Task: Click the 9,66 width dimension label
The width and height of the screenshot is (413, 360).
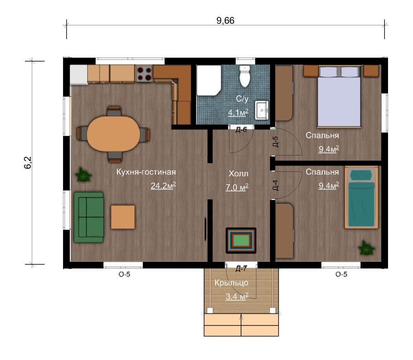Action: (225, 20)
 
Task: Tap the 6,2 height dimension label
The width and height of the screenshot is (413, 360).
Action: (28, 162)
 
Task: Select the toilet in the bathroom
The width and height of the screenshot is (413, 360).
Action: (245, 76)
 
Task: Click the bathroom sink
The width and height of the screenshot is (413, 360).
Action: (261, 110)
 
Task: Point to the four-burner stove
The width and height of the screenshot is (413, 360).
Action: (144, 74)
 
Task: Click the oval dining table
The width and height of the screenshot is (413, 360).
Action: (113, 133)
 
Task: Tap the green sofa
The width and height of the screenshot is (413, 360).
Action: (88, 217)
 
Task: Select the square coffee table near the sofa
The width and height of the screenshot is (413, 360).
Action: (123, 217)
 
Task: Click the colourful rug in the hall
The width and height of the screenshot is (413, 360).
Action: (241, 240)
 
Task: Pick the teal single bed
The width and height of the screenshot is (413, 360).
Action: (361, 197)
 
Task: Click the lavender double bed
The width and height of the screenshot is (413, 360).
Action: (339, 97)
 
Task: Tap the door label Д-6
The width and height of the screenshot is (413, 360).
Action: (241, 130)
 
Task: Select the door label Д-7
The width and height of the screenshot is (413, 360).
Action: (241, 269)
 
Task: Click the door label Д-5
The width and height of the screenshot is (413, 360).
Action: (275, 141)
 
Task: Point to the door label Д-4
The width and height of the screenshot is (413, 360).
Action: (275, 185)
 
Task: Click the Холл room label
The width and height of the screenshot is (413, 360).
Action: (238, 174)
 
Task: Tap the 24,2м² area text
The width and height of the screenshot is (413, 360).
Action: (163, 186)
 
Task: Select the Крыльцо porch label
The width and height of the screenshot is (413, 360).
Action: (231, 283)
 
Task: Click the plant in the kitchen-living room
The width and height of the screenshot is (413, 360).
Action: (83, 175)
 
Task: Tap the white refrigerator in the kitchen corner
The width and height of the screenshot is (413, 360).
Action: (79, 75)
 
